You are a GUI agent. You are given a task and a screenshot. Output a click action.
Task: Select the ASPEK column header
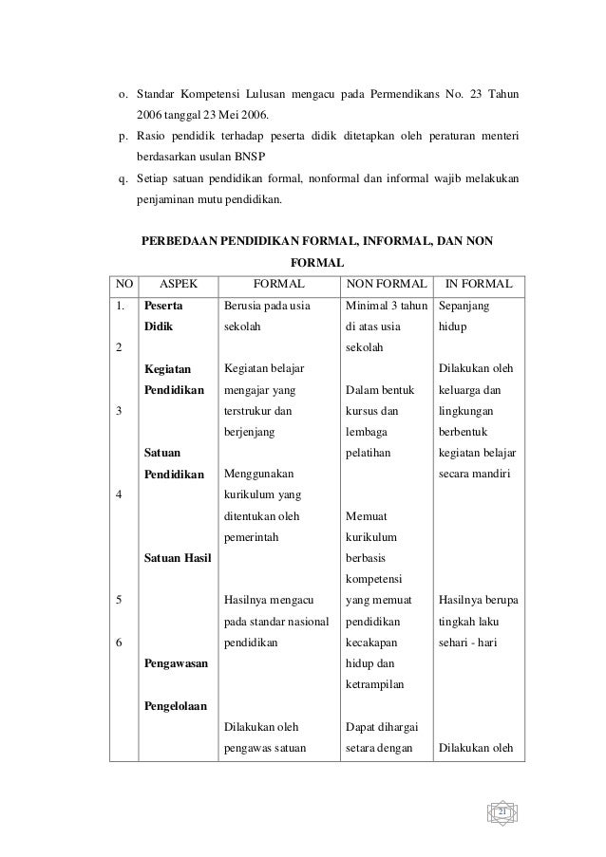tap(178, 283)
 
